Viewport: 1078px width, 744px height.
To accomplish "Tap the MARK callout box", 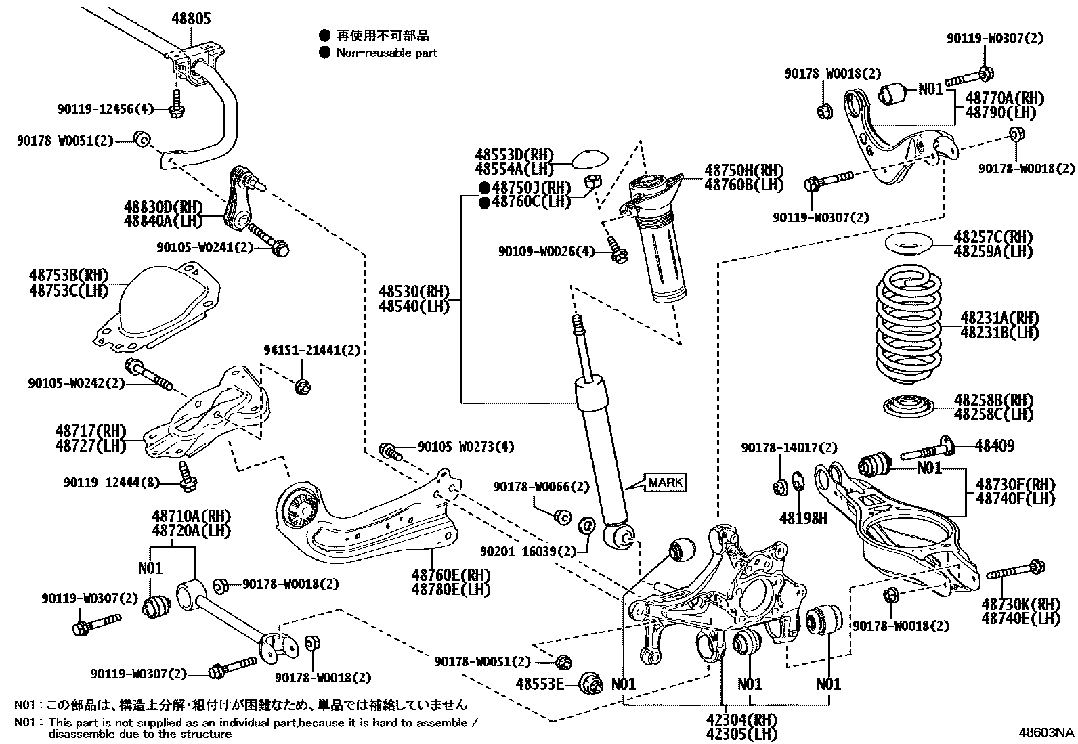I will click(665, 483).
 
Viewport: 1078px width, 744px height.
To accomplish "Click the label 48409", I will click(995, 445).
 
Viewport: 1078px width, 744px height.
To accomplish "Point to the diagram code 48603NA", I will click(1048, 732).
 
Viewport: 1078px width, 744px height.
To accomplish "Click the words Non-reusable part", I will click(387, 53).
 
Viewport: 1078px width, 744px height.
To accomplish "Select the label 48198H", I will click(803, 518).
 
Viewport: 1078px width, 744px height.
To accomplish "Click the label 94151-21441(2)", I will click(311, 350).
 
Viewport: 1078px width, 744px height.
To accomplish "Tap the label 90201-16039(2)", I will click(529, 552).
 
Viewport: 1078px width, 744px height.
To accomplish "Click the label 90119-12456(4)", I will click(106, 108).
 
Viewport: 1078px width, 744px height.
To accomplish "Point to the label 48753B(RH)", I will click(68, 276).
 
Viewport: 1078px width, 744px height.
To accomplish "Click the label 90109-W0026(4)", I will click(546, 251).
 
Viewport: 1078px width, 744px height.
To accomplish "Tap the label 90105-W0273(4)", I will click(465, 447).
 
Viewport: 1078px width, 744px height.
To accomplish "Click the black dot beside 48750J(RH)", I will click(484, 188).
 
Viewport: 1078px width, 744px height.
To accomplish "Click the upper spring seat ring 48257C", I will click(909, 243).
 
